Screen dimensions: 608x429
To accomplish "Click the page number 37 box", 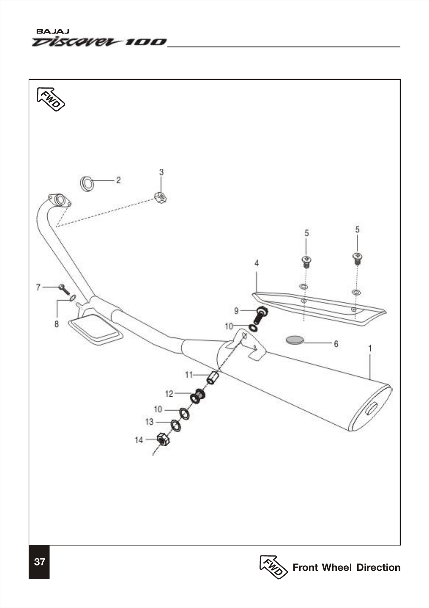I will pyautogui.click(x=39, y=562).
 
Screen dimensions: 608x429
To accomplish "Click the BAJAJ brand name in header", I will pyautogui.click(x=51, y=32).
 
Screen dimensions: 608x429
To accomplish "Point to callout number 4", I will pyautogui.click(x=257, y=263).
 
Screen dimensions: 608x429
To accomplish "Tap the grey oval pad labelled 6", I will pyautogui.click(x=295, y=340).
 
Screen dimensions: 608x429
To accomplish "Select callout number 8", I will pyautogui.click(x=57, y=324).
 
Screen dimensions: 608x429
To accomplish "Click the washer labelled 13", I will pyautogui.click(x=176, y=426).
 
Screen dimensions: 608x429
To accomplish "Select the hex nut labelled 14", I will pyautogui.click(x=163, y=439).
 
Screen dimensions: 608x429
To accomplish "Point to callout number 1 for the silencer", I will pyautogui.click(x=370, y=348).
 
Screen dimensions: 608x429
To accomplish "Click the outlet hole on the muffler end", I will pyautogui.click(x=371, y=408).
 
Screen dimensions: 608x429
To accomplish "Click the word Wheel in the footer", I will pyautogui.click(x=337, y=567).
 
